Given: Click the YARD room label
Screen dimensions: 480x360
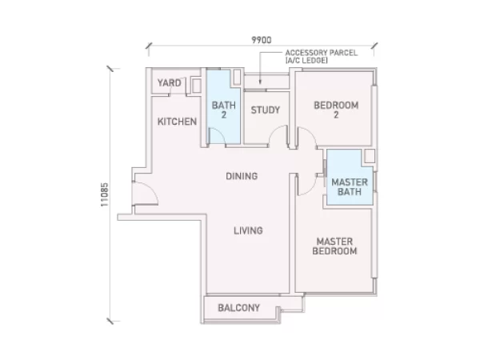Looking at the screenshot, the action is pyautogui.click(x=170, y=82).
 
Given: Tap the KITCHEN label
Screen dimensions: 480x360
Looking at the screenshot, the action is pyautogui.click(x=177, y=122).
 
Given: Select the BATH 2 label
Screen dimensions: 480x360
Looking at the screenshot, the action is pyautogui.click(x=224, y=110).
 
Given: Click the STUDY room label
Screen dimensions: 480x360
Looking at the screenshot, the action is pyautogui.click(x=265, y=110).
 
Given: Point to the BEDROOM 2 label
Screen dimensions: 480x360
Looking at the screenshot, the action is pyautogui.click(x=336, y=110).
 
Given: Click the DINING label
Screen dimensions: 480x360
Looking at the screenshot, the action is pyautogui.click(x=242, y=176).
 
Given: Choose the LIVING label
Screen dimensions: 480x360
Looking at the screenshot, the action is pyautogui.click(x=248, y=230).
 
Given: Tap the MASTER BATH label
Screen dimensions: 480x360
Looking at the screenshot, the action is pyautogui.click(x=350, y=187).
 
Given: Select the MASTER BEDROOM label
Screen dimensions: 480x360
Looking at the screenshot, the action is pyautogui.click(x=334, y=246).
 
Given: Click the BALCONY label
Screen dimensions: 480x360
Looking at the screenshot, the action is pyautogui.click(x=238, y=308).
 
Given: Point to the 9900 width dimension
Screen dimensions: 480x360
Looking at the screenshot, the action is pyautogui.click(x=261, y=40).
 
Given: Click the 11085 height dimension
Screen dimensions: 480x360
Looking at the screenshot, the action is pyautogui.click(x=104, y=194).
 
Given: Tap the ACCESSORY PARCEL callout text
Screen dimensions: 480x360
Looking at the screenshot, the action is pyautogui.click(x=321, y=57).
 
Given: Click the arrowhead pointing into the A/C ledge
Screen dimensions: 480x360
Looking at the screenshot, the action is pyautogui.click(x=260, y=82).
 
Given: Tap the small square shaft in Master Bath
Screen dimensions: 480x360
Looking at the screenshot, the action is pyautogui.click(x=370, y=156).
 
